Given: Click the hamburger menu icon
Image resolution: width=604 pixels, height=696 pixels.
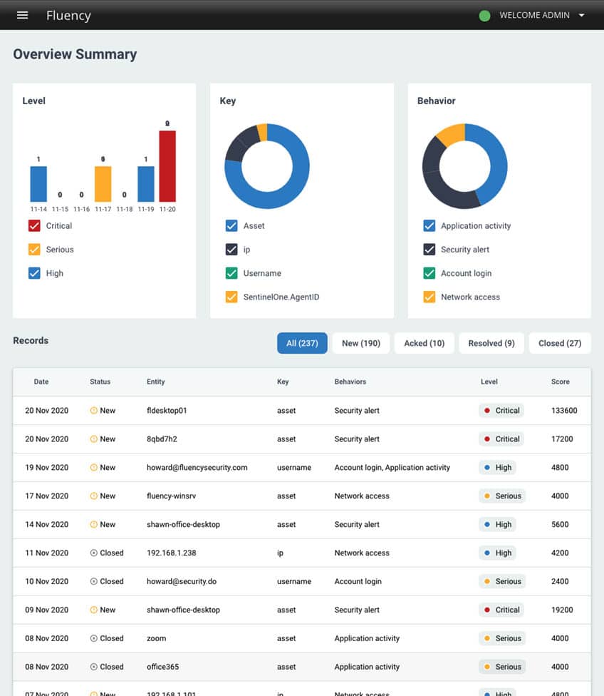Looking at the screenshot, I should (x=22, y=15).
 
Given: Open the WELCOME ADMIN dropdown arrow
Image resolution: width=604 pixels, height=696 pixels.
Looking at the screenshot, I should (x=582, y=15).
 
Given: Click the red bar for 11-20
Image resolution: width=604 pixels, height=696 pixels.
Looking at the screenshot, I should (x=167, y=165).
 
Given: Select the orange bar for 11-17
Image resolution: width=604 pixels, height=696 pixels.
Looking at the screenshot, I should (x=103, y=184).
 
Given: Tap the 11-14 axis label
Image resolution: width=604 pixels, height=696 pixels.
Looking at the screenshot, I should (x=38, y=210).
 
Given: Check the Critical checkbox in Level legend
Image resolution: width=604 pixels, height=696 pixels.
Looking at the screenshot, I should (x=34, y=226).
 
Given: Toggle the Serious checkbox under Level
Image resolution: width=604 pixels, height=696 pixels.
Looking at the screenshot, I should (x=34, y=250).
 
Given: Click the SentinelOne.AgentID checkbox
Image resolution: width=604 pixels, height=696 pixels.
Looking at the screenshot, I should (x=231, y=297).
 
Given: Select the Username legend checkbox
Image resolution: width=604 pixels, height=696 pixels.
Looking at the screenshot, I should (x=231, y=273).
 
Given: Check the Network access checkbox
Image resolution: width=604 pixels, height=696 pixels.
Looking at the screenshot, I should (x=429, y=297).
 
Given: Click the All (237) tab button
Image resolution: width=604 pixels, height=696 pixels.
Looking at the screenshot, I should (x=302, y=343).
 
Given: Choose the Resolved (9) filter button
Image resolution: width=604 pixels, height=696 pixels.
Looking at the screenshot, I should (x=491, y=343).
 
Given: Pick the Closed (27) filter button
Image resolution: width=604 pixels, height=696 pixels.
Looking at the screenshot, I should (x=560, y=343).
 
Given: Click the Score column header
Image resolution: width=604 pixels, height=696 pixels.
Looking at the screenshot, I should (x=561, y=382).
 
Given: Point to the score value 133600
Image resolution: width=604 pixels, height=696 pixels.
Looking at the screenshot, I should (x=564, y=411).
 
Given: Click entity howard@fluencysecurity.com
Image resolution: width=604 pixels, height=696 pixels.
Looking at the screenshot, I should (x=197, y=468).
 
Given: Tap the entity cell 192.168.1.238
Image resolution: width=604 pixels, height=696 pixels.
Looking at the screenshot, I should (x=171, y=553).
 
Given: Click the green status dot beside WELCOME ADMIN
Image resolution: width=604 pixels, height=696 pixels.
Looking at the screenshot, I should (x=485, y=15).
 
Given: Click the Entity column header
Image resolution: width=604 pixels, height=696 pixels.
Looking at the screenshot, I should (x=155, y=382).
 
